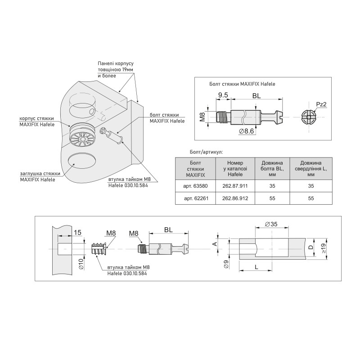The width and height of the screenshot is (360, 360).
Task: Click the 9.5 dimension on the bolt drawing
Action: [223, 95]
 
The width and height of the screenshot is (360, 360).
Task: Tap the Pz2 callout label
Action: [321, 104]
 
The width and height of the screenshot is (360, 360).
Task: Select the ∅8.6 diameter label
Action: [246, 131]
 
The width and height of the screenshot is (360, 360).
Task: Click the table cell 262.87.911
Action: [235, 186]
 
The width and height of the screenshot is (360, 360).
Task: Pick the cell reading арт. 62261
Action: [196, 198]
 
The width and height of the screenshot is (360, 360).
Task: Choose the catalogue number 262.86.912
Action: [235, 198]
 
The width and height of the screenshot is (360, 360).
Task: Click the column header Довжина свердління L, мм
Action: [311, 169]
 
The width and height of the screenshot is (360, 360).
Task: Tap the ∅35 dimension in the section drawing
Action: [271, 224]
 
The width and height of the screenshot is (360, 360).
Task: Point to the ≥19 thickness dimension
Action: [323, 249]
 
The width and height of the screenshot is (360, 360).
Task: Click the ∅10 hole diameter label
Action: [81, 264]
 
